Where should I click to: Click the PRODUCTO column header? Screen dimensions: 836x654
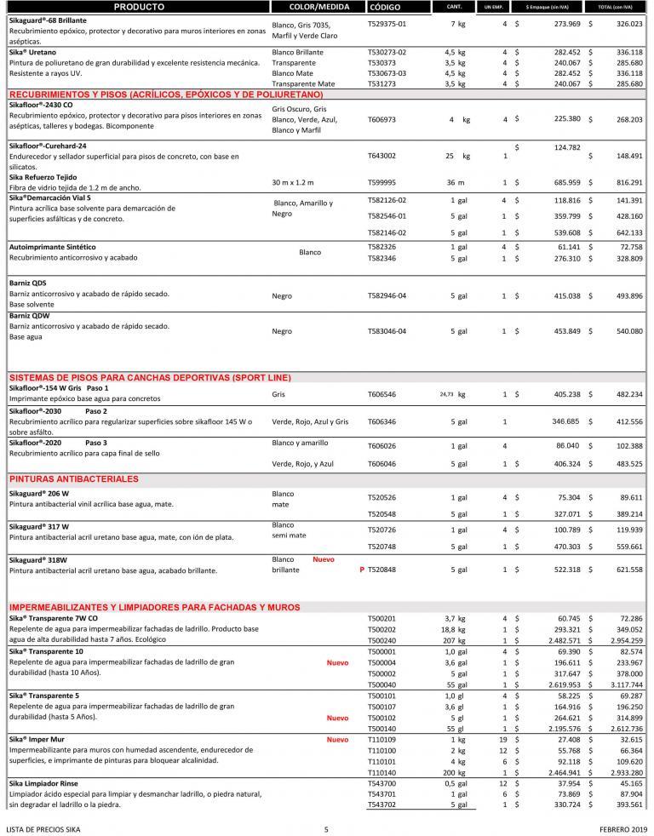coord(138,6)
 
